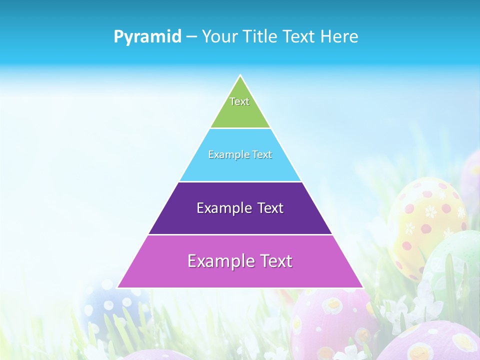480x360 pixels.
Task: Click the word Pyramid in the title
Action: [147, 36]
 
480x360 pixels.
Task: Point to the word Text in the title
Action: [299, 36]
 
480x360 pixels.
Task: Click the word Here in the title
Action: [340, 36]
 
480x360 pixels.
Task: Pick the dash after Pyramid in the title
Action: [191, 37]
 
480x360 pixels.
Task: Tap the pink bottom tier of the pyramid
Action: [240, 275]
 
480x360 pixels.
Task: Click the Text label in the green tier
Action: [239, 101]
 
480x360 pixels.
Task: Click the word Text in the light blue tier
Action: [262, 154]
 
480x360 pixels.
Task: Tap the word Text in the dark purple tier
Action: [270, 208]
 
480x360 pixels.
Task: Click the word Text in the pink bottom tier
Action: [274, 261]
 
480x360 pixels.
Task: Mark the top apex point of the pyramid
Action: [240, 75]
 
